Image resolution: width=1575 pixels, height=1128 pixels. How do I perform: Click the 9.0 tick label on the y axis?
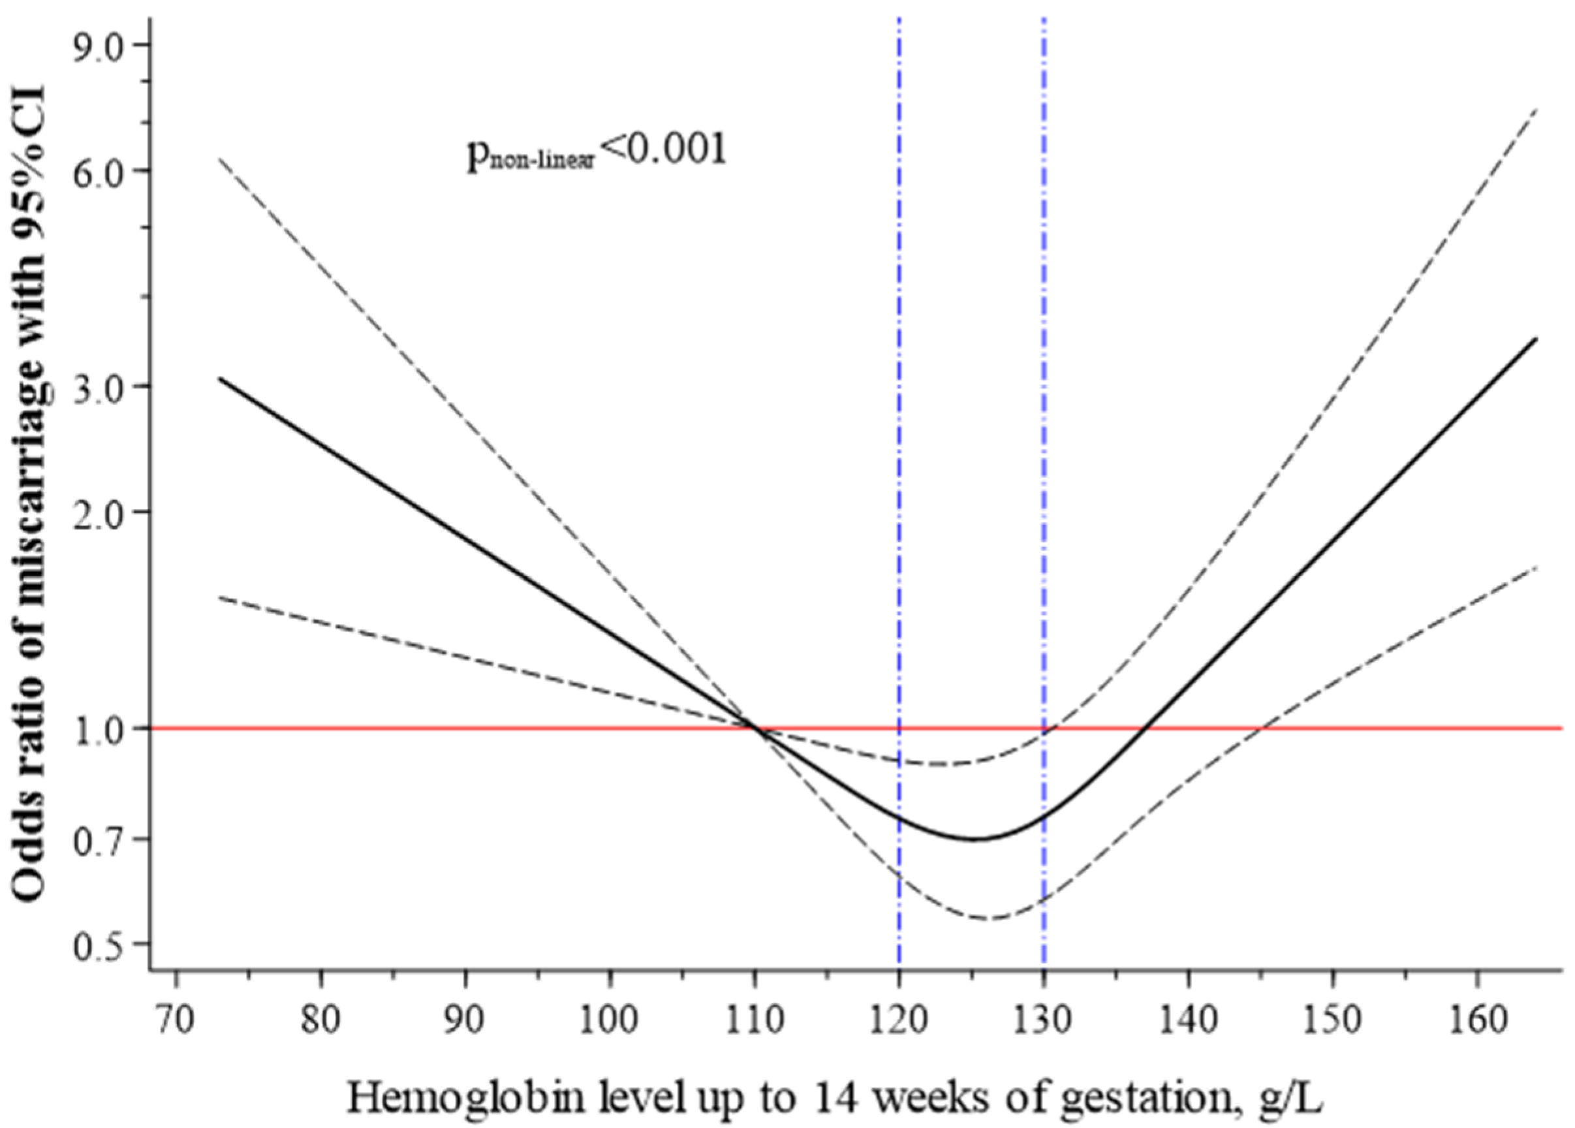(x=102, y=45)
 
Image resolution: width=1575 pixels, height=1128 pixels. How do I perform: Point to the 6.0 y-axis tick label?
(x=102, y=170)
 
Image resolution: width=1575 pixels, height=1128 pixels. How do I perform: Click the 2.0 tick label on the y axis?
(x=102, y=512)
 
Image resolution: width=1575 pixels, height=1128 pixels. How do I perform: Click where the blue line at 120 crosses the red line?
(x=899, y=728)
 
